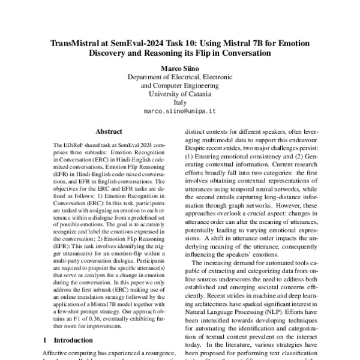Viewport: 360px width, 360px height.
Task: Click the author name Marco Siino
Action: coord(180,68)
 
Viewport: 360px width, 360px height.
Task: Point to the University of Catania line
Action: coord(180,94)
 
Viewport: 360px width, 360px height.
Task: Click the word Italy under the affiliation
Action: coord(180,102)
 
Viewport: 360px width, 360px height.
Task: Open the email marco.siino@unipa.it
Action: coord(180,111)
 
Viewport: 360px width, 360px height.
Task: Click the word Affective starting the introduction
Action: coord(56,353)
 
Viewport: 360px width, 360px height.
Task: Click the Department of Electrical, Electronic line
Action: coord(180,76)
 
